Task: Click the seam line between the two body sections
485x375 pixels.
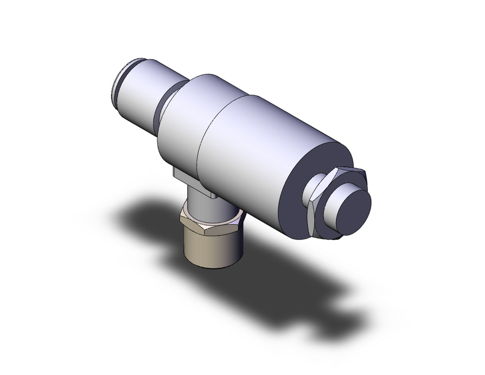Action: click(204, 131)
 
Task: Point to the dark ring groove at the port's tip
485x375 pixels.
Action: click(116, 83)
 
